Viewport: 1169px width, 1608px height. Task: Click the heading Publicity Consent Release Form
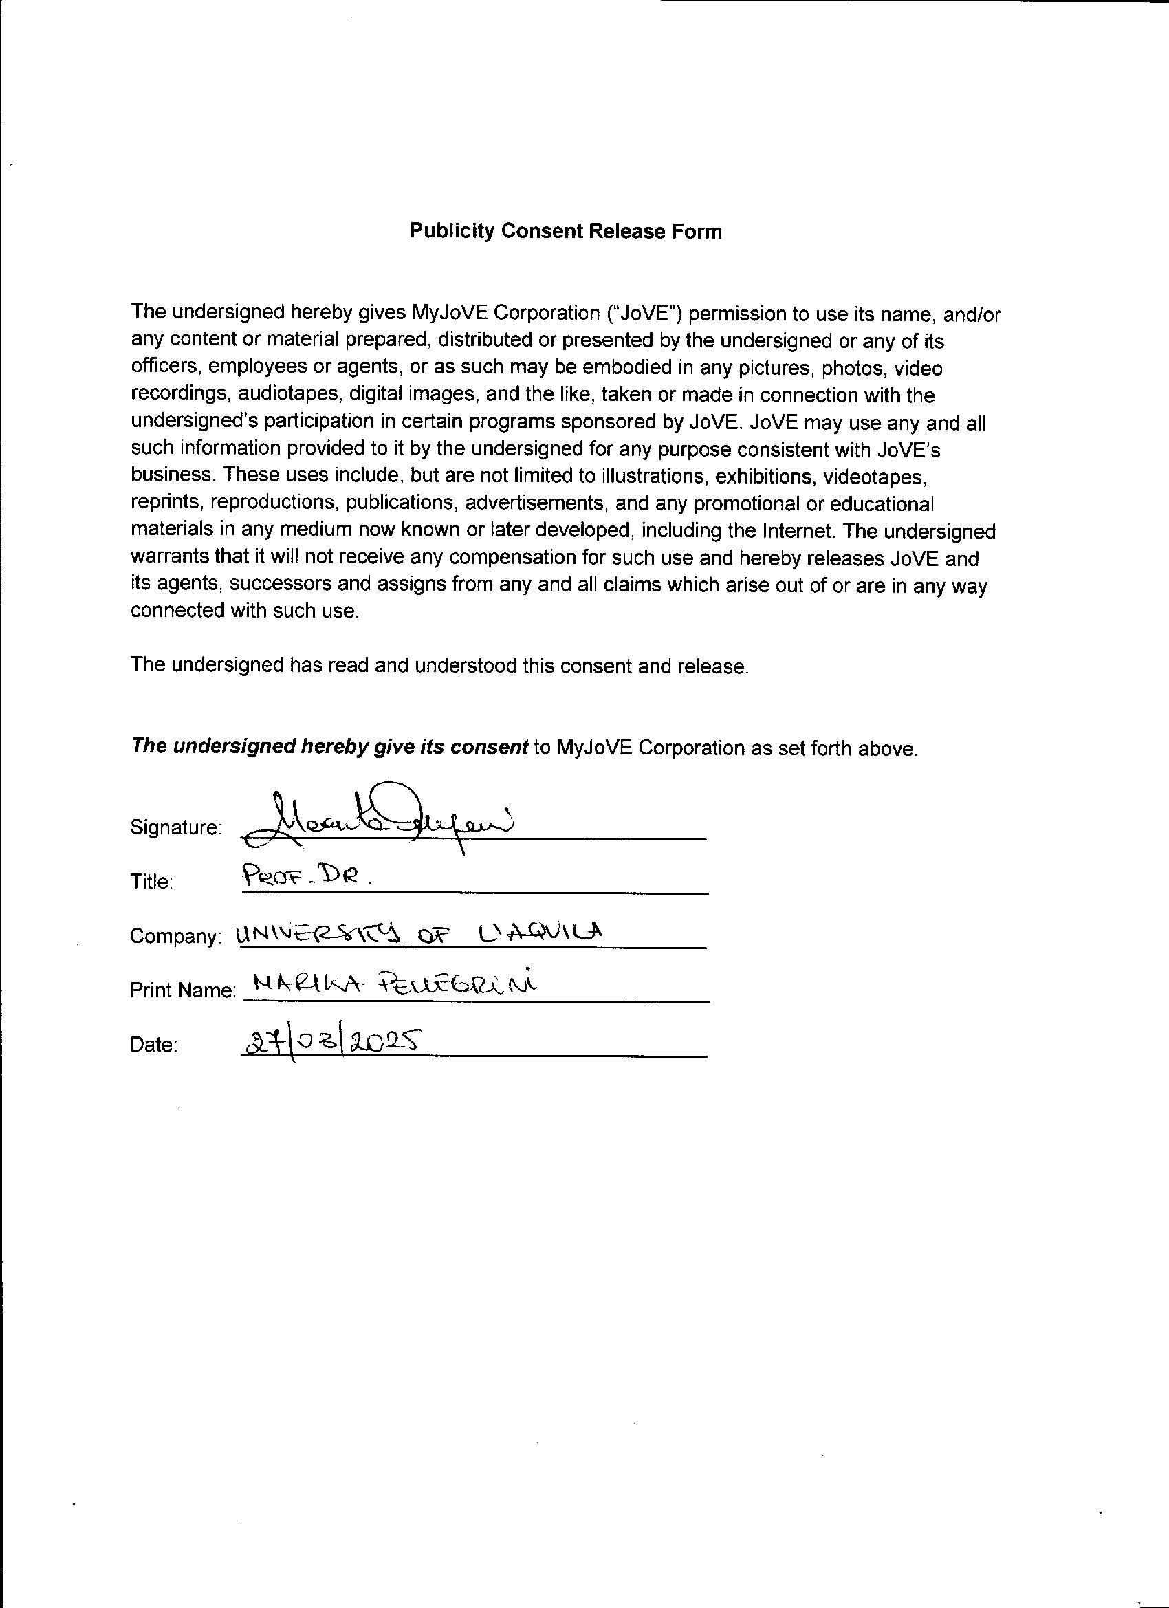[566, 232]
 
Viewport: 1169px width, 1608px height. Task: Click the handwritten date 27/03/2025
[330, 1042]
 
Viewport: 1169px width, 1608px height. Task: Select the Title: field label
[152, 882]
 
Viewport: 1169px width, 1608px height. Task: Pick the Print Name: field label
[182, 990]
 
